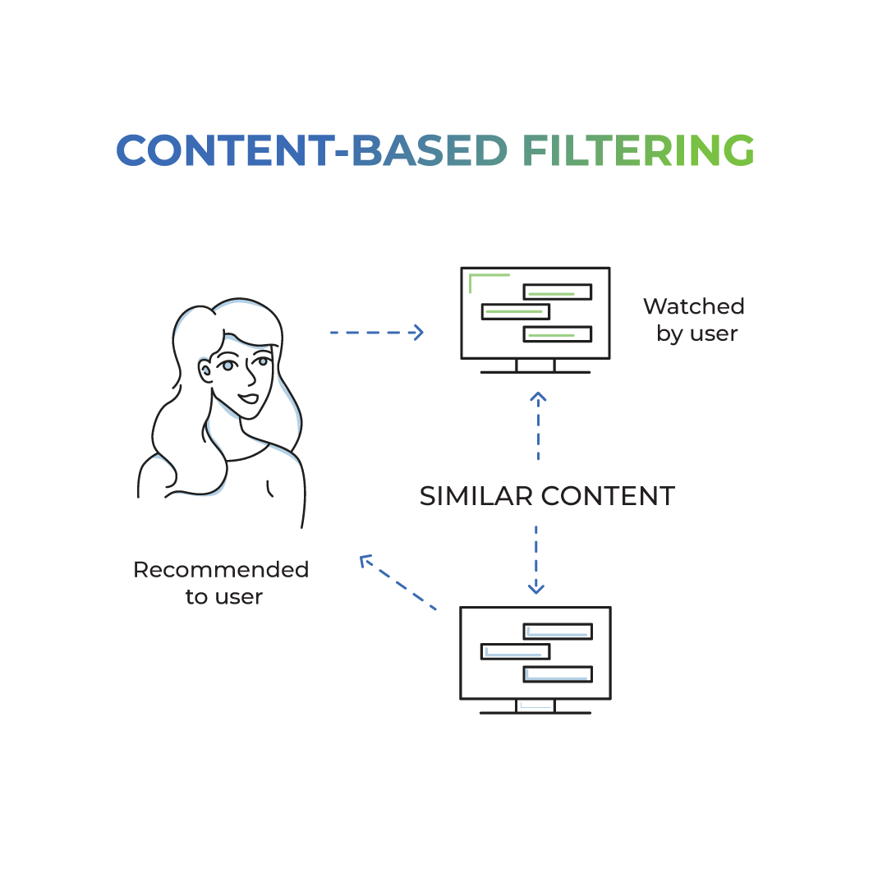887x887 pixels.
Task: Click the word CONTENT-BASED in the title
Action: tap(312, 151)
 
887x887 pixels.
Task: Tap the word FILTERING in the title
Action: tap(638, 151)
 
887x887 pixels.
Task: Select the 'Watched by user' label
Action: tap(694, 319)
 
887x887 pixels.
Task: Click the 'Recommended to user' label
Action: tap(221, 582)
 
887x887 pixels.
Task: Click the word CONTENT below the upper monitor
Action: tap(608, 496)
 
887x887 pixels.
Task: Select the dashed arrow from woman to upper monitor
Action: tap(376, 332)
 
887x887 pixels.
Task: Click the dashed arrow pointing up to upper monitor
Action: tap(538, 425)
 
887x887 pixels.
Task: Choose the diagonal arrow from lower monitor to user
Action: tap(398, 582)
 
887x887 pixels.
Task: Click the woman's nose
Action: tap(250, 378)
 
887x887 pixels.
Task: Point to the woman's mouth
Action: tap(249, 400)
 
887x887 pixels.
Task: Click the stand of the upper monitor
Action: tap(535, 366)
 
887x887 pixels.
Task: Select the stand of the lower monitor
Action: tap(535, 706)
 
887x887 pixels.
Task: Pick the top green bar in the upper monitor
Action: tap(558, 292)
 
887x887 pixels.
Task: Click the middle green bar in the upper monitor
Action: tap(515, 312)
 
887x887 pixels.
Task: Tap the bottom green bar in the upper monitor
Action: tap(558, 333)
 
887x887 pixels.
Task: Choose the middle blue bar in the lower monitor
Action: tap(515, 652)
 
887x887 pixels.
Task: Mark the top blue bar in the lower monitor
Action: tap(558, 631)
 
